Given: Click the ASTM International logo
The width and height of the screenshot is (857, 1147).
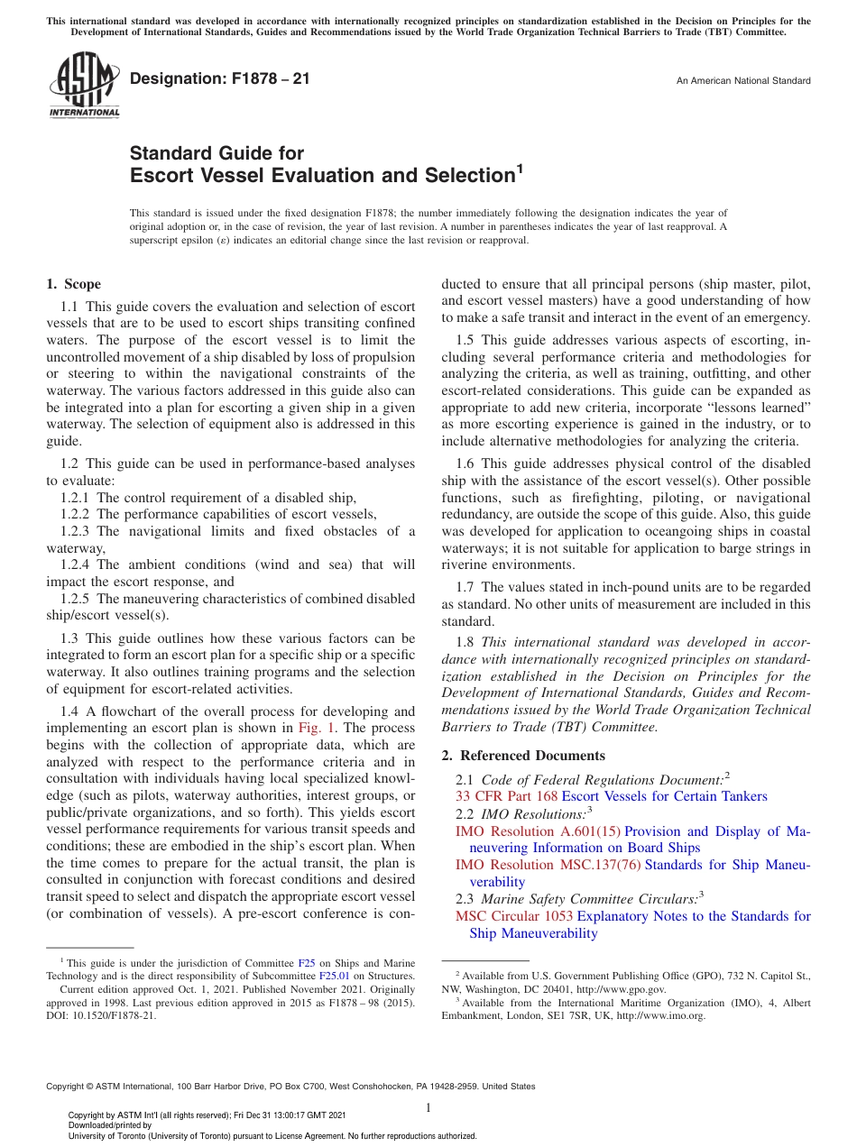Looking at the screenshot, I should pos(83,86).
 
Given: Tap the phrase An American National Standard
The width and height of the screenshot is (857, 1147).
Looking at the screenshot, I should pos(742,81).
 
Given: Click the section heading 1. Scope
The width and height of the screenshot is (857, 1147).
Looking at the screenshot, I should pos(74,284).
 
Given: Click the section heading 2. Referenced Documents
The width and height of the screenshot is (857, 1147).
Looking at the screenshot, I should pos(523,756).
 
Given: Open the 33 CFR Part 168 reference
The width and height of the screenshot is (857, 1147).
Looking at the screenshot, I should pos(506,796).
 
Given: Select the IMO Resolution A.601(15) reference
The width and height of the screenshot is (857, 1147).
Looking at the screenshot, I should pos(538,831).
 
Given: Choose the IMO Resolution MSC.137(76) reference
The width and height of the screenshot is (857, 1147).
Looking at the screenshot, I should pos(548,866).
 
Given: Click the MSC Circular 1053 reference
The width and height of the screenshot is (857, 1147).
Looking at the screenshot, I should pos(514,916).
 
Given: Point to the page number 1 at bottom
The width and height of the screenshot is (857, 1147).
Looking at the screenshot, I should pos(428,1108).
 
